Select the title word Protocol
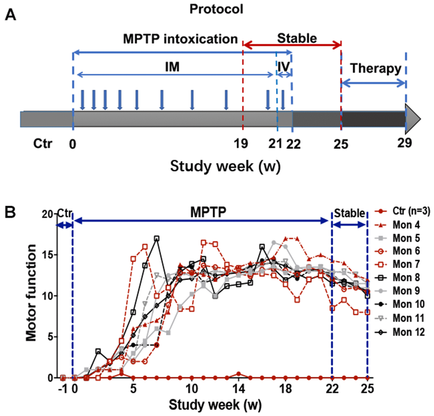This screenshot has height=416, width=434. coord(217,9)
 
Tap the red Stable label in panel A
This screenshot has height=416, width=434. coord(297,39)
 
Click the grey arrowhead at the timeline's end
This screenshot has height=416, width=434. coord(412,119)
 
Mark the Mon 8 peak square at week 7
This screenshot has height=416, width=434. coord(157,238)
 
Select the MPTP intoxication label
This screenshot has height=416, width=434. coord(180,39)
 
